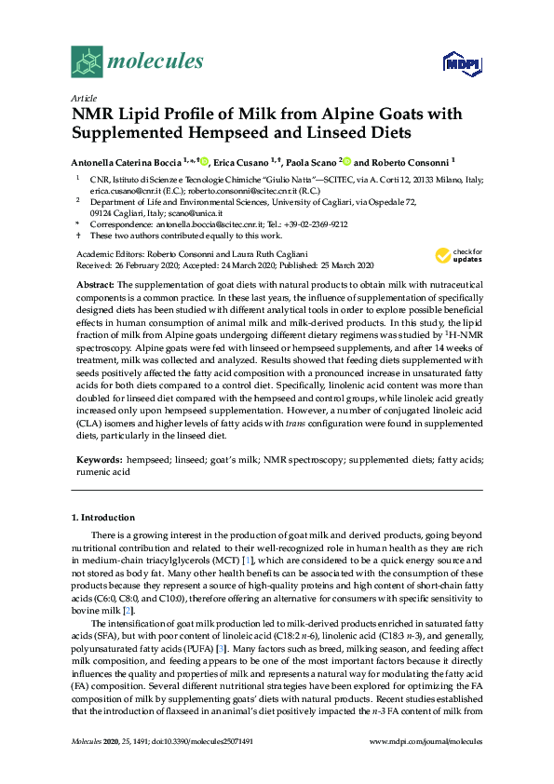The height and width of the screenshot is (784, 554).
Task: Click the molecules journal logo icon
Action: [x=87, y=62]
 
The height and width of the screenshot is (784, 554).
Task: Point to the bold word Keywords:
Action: [x=98, y=460]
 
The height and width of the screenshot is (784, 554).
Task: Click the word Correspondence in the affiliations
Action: [x=124, y=224]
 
